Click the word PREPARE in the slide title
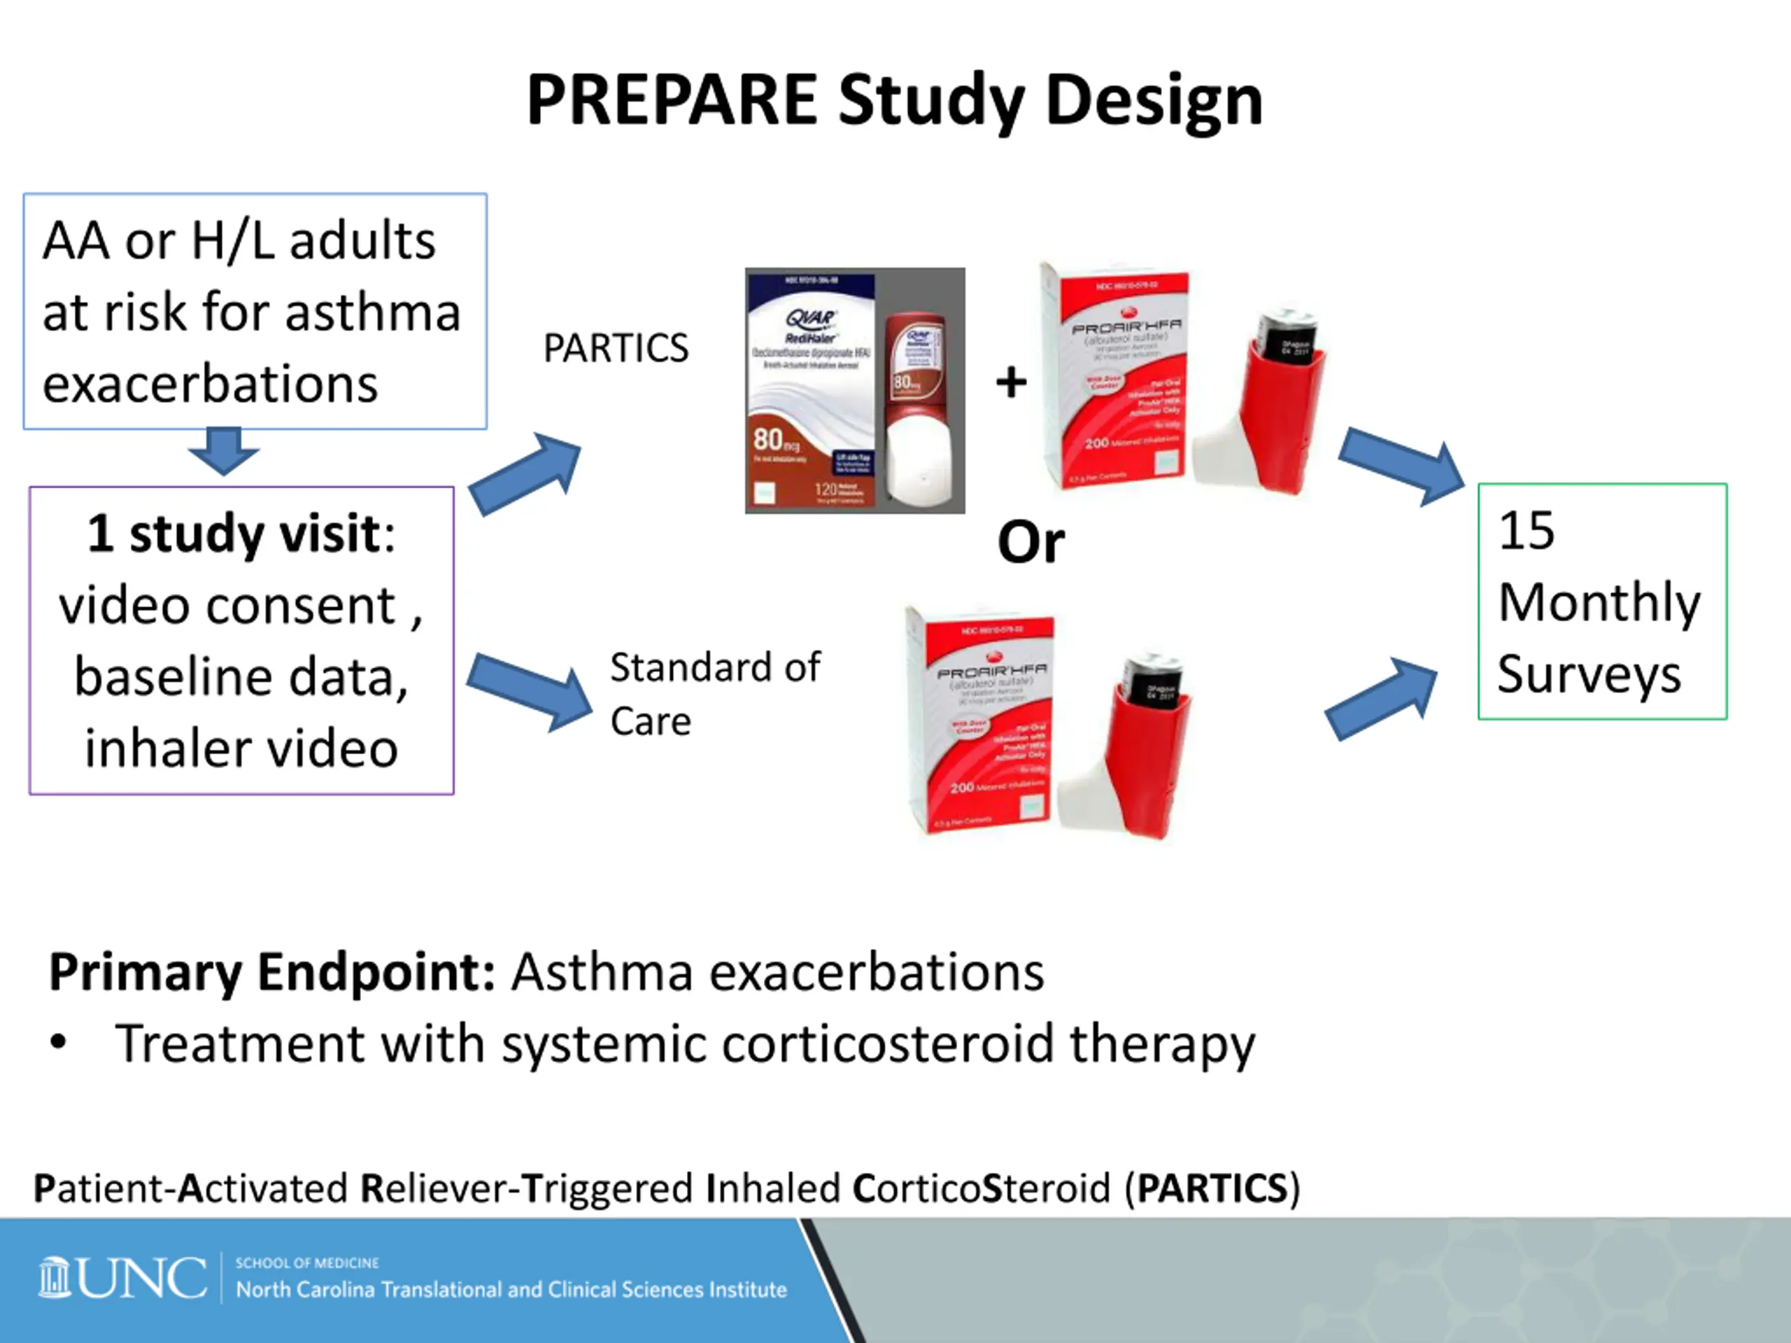(x=671, y=101)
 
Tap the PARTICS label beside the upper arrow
(x=616, y=349)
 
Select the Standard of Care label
(x=714, y=694)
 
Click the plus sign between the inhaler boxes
(x=1011, y=382)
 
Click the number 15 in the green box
(x=1527, y=531)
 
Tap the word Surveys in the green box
(x=1589, y=674)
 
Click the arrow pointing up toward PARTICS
(x=527, y=473)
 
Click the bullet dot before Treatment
(x=57, y=1042)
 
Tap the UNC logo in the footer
(x=122, y=1278)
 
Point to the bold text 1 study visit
(x=233, y=534)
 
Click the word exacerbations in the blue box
(x=210, y=384)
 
